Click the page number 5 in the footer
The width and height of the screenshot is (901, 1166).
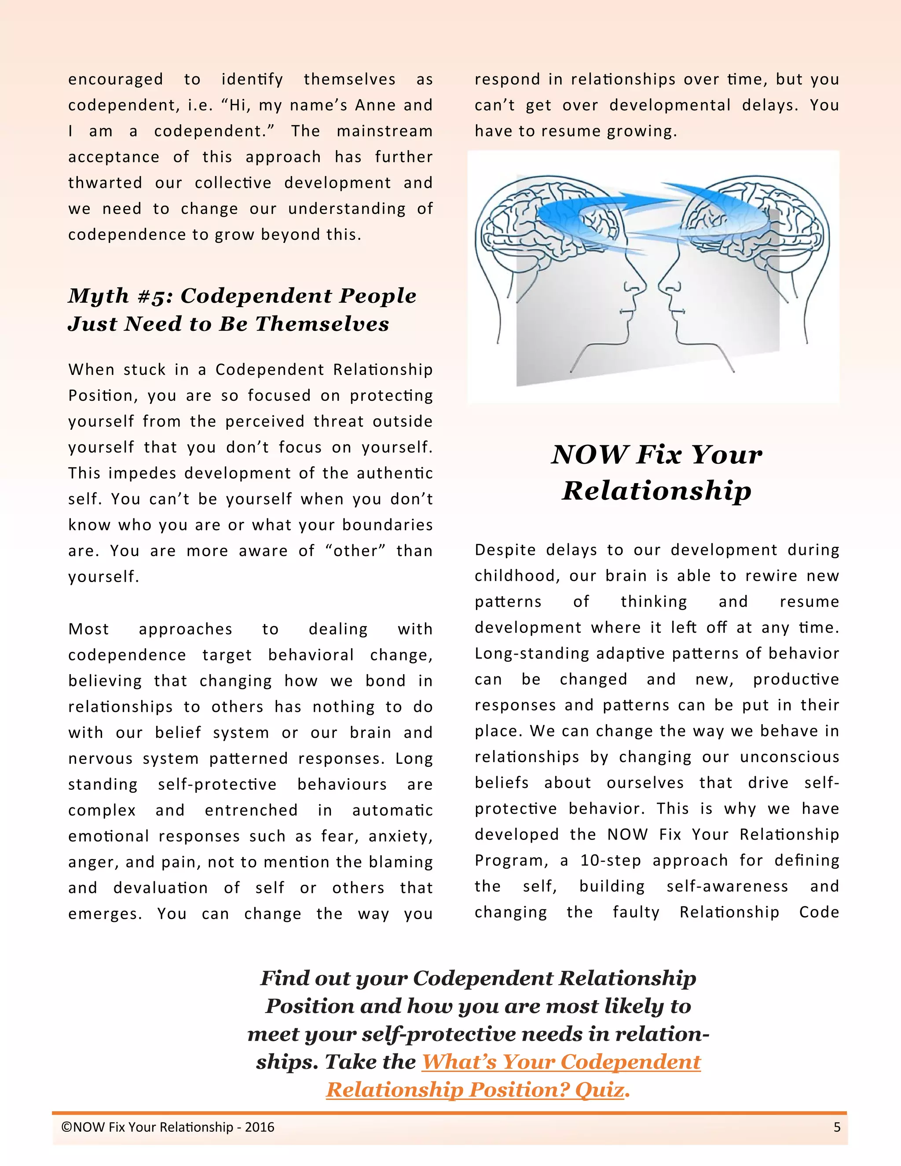(837, 1127)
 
